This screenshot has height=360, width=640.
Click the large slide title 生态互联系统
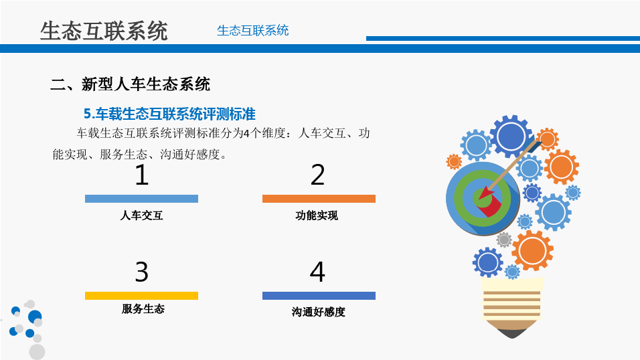click(x=104, y=31)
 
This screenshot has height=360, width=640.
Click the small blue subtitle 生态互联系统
click(x=252, y=31)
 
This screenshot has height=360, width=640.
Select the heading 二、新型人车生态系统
click(x=130, y=84)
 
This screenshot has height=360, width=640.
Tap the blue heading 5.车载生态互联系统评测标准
click(x=169, y=114)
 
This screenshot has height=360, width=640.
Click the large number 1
click(x=142, y=175)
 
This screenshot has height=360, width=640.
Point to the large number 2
click(x=317, y=175)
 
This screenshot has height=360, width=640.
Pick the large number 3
click(x=142, y=272)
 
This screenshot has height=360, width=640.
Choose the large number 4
click(x=317, y=272)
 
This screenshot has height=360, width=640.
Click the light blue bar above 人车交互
click(x=142, y=199)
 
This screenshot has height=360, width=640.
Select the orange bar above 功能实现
click(x=319, y=199)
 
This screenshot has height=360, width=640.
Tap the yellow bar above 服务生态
click(x=142, y=296)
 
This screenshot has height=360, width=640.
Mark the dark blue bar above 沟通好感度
click(x=319, y=296)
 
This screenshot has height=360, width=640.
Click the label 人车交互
click(x=142, y=215)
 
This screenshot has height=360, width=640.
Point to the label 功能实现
click(x=317, y=215)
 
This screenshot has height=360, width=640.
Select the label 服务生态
click(x=143, y=309)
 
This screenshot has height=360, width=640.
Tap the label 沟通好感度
click(x=319, y=312)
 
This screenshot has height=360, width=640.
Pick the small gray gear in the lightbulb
click(x=504, y=240)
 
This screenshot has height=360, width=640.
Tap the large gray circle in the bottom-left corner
click(x=37, y=352)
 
